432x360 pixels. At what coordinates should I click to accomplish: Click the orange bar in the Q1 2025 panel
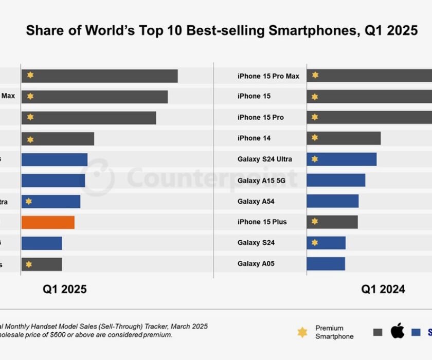48,222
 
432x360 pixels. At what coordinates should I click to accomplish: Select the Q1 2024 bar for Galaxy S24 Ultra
341,159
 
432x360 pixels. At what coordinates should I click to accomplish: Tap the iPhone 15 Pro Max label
268,76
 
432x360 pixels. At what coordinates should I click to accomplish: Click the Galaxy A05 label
256,264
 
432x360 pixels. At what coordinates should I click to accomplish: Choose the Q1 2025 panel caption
64,289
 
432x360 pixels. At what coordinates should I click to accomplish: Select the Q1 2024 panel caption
383,289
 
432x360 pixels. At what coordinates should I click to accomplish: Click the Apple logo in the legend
397,331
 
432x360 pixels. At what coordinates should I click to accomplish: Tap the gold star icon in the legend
302,332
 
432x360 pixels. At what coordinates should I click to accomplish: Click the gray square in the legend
377,332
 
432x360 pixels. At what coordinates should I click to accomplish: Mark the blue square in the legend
416,332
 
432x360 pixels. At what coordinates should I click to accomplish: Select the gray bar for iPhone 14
344,138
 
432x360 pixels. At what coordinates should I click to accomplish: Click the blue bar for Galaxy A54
332,201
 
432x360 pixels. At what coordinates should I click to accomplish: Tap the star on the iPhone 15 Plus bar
315,222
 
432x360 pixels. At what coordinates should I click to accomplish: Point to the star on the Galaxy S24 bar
315,242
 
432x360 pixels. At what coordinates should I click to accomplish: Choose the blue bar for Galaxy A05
326,264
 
